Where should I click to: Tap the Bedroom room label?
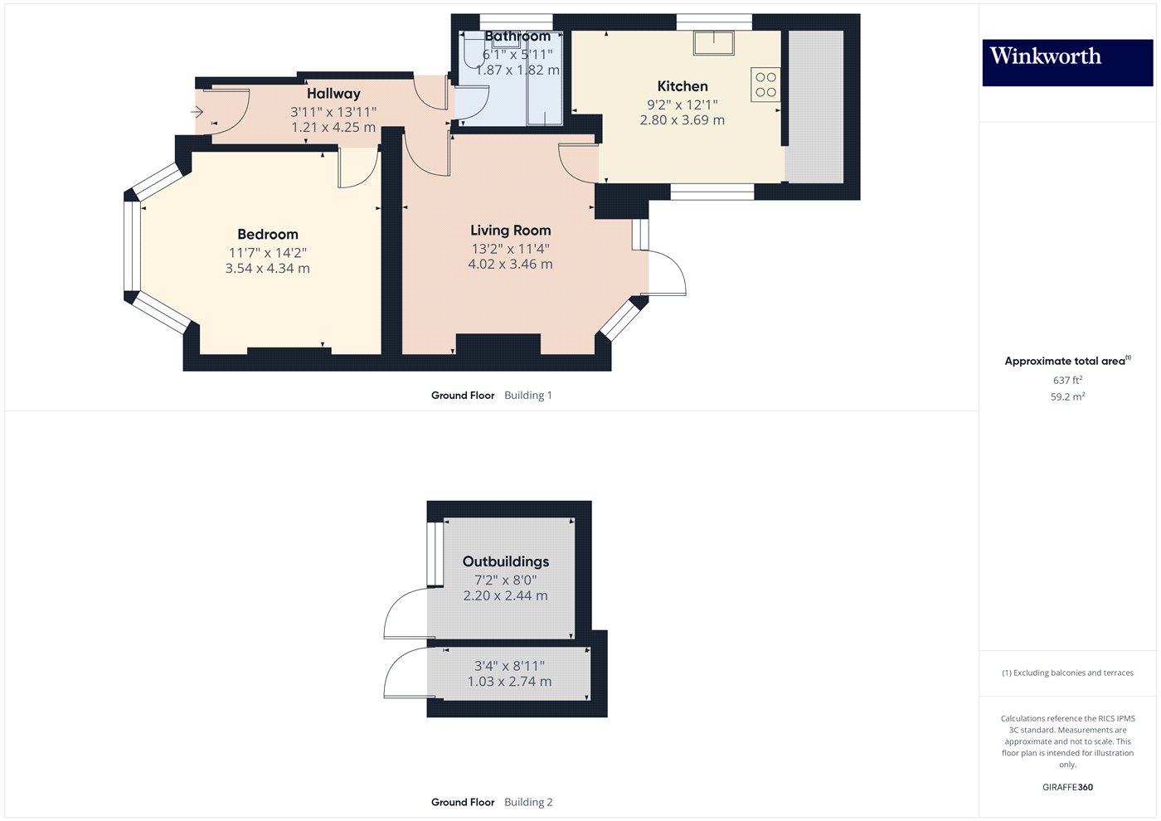[267, 235]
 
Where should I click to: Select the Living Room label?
[510, 231]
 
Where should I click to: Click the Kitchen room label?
[682, 86]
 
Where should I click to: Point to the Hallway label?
[333, 94]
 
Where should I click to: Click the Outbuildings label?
[505, 561]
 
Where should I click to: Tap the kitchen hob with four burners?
[765, 85]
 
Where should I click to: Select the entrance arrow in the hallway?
[197, 111]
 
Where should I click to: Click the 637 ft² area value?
[1067, 381]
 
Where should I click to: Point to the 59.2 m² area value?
[1067, 397]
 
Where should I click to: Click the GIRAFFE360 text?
[1067, 787]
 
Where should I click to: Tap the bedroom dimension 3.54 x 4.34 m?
[267, 269]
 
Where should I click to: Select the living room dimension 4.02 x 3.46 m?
[510, 265]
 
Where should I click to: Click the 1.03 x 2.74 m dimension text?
[509, 682]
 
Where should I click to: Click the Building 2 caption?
[528, 802]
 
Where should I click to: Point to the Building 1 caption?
[527, 396]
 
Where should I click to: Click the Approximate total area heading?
[1066, 361]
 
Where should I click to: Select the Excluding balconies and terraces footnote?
[1067, 673]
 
